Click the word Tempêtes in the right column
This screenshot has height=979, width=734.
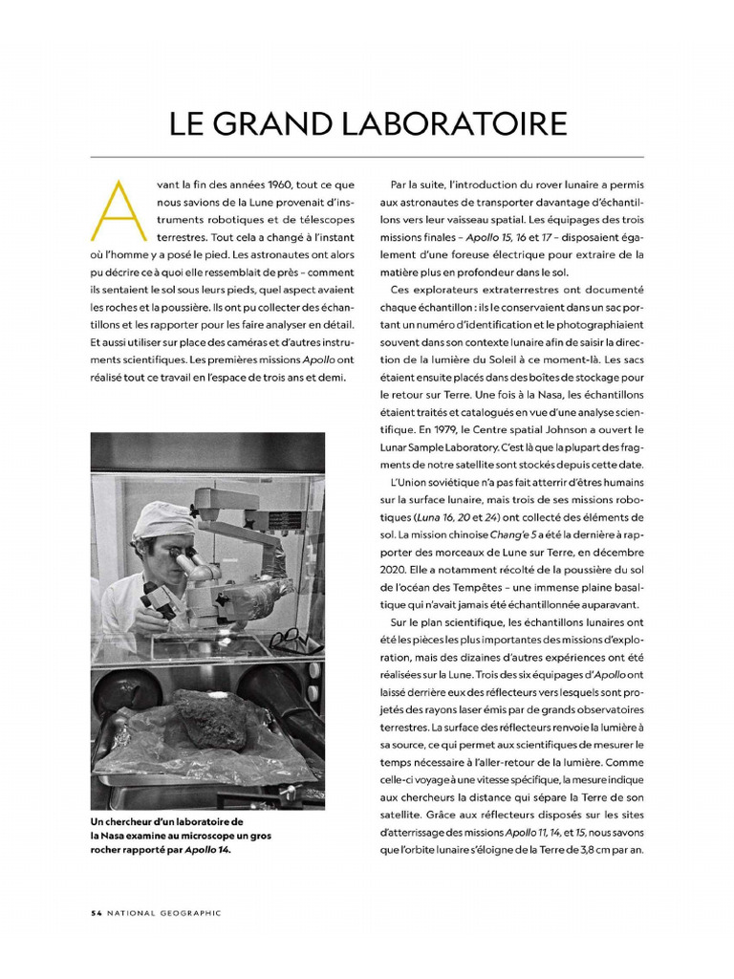(481, 587)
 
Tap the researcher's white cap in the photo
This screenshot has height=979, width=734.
(162, 520)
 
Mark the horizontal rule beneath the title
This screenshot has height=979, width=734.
(367, 157)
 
